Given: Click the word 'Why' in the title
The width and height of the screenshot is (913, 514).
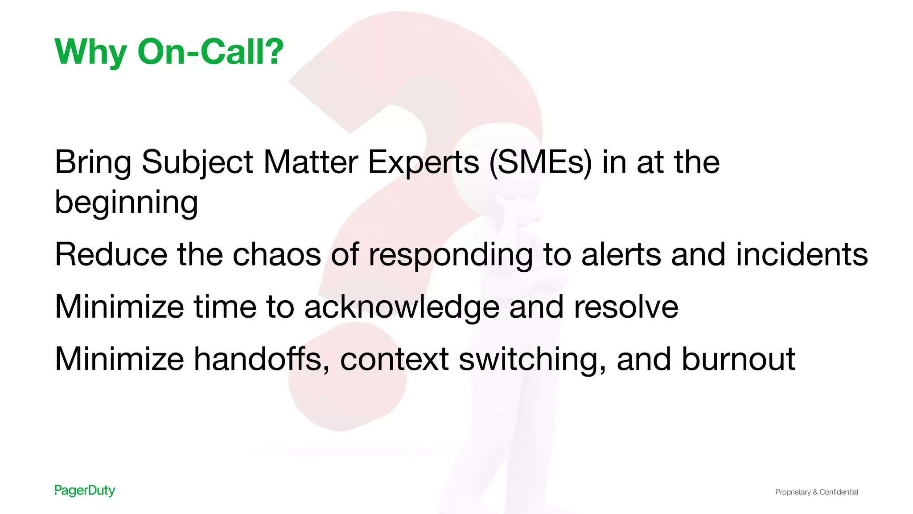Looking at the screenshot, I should tap(90, 52).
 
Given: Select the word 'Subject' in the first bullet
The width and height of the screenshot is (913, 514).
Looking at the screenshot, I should tap(197, 162).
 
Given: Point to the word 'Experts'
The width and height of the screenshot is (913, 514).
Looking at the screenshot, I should tap(424, 162).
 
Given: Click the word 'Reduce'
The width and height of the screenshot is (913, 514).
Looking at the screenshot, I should tap(111, 254).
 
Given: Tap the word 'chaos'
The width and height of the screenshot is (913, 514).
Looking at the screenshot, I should tap(277, 254).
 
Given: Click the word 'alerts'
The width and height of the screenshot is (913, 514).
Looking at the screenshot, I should tap(621, 254).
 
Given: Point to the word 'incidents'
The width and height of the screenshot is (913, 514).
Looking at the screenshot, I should tap(802, 254).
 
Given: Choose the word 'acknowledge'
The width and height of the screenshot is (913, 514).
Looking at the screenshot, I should tap(402, 307).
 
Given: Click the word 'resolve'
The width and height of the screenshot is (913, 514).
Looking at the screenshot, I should tap(626, 307).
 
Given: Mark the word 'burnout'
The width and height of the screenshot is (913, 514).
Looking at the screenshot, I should tap(738, 359).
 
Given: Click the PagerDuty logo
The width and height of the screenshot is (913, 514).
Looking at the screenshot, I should tap(85, 491).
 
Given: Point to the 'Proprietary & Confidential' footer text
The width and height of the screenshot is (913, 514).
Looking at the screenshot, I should tap(816, 492).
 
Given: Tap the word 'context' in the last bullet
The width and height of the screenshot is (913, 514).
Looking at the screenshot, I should tap(395, 359).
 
